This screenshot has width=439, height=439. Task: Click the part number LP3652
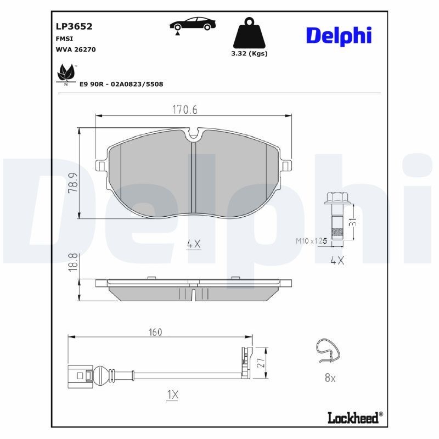(74, 26)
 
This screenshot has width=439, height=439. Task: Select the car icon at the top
(193, 25)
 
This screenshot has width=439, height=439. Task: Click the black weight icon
(249, 34)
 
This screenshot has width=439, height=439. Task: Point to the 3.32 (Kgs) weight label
(249, 54)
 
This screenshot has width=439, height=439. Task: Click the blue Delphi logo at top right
(339, 36)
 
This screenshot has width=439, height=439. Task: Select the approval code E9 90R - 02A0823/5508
(121, 84)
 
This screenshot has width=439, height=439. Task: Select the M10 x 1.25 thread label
(312, 240)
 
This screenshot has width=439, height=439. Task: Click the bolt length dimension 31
(353, 221)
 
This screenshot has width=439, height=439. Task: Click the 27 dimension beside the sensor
(262, 363)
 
